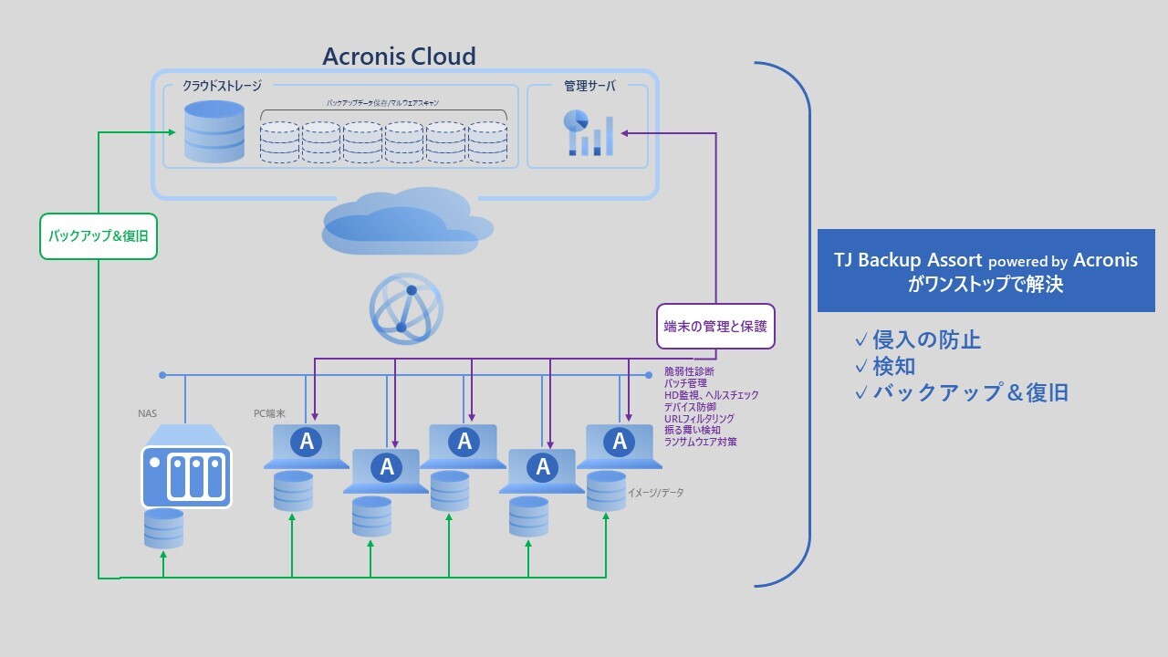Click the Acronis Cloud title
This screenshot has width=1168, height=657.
(399, 57)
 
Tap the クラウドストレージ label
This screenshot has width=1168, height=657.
(222, 86)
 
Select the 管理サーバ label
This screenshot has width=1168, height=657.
(589, 86)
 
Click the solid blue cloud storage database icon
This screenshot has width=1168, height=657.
(214, 131)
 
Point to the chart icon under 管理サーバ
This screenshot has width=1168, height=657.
(588, 133)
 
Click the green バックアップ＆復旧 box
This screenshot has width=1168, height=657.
(99, 236)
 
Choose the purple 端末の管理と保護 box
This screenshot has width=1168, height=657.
(715, 326)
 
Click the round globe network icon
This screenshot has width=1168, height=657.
(406, 308)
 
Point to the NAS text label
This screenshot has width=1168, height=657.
(148, 414)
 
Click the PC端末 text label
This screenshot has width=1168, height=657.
(269, 413)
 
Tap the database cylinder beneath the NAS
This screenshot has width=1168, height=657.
(164, 528)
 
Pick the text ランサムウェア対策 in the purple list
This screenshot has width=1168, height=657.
(700, 442)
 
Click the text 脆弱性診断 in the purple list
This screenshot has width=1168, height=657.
(689, 371)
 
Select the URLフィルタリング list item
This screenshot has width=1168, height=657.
(699, 419)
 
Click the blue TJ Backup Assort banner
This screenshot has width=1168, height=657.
(985, 270)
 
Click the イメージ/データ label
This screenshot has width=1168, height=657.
(655, 493)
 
